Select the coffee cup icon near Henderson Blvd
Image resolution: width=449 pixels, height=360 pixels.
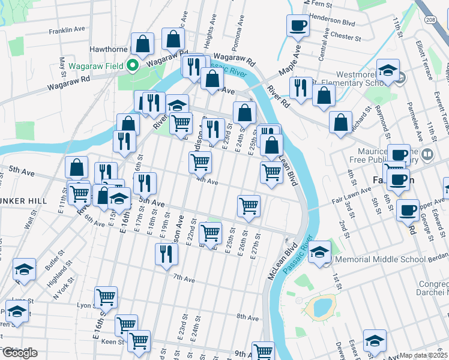[x=298, y=26]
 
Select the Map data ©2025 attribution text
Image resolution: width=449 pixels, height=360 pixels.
[x=423, y=355]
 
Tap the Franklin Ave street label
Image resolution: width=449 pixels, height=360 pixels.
[x=67, y=29]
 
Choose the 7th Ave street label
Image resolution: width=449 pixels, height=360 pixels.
[x=184, y=277]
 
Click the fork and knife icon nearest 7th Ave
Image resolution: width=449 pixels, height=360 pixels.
[x=166, y=254]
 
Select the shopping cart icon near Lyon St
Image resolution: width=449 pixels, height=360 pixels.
[x=106, y=296]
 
